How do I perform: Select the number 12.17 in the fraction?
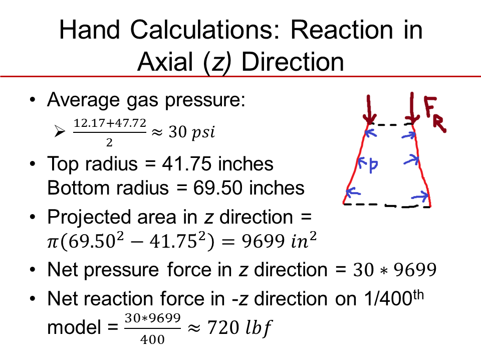[89, 123]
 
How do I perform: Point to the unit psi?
[203, 132]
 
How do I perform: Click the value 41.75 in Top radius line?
[186, 163]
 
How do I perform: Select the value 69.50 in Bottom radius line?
[217, 188]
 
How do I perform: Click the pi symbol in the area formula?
[53, 243]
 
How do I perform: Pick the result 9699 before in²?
[263, 241]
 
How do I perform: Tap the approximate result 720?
[223, 327]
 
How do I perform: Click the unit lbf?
[259, 328]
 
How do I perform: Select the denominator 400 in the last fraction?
[152, 339]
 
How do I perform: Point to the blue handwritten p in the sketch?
[373, 165]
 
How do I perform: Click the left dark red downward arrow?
[369, 109]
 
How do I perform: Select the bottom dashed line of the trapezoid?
[387, 206]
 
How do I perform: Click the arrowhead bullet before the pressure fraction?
[60, 131]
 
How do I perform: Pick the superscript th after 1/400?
[418, 295]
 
